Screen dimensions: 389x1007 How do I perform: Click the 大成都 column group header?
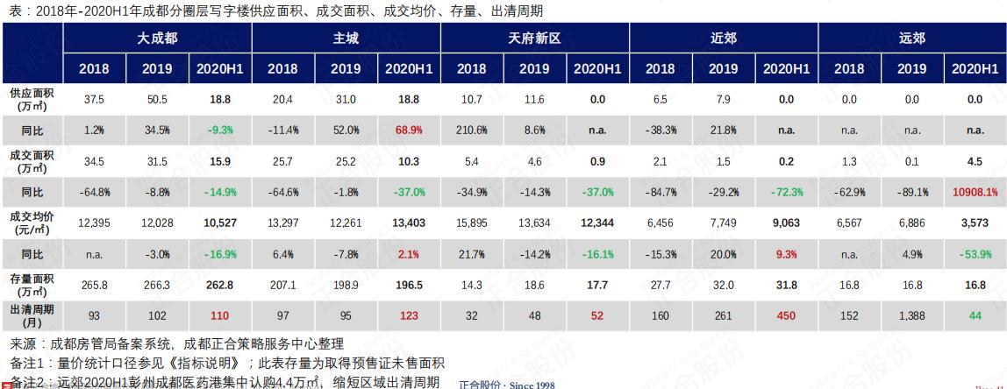pyautogui.click(x=157, y=39)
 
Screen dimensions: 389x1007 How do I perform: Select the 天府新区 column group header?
pyautogui.click(x=534, y=39)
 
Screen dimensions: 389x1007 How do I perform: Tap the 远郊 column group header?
pyautogui.click(x=912, y=39)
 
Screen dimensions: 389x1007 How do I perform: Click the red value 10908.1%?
pyautogui.click(x=975, y=192)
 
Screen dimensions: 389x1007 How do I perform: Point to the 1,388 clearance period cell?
pyautogui.click(x=911, y=315)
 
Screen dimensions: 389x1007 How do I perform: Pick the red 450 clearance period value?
pyautogui.click(x=787, y=315)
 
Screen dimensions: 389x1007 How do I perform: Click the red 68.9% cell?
pyautogui.click(x=409, y=130)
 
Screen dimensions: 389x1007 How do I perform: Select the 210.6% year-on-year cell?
pyautogui.click(x=472, y=130)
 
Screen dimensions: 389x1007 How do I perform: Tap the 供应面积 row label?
pyautogui.click(x=32, y=99)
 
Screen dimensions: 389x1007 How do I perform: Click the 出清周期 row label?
pyautogui.click(x=32, y=315)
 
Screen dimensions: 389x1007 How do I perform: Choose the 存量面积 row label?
pyautogui.click(x=32, y=285)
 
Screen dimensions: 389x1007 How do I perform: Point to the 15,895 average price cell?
pyautogui.click(x=472, y=223)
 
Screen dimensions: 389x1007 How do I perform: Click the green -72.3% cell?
pyautogui.click(x=787, y=192)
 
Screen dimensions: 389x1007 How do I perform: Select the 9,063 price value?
pyautogui.click(x=787, y=223)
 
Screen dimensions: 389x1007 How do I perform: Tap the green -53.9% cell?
pyautogui.click(x=975, y=254)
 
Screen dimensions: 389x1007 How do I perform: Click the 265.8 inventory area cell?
pyautogui.click(x=94, y=285)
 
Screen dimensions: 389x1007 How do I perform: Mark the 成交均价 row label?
pyautogui.click(x=32, y=223)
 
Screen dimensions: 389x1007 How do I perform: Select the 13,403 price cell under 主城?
pyautogui.click(x=409, y=223)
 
